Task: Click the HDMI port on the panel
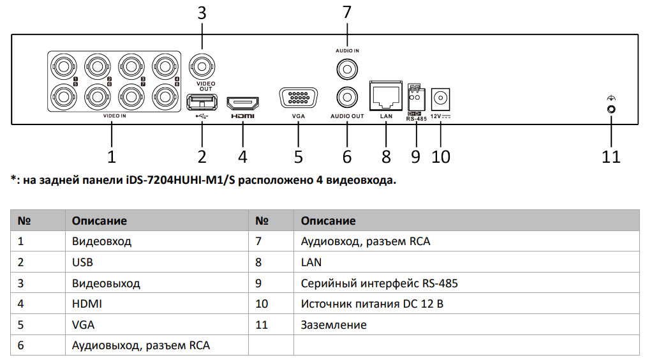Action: point(243,103)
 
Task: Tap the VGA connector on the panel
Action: point(298,100)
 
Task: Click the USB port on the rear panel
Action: point(202,102)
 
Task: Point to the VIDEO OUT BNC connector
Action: point(202,66)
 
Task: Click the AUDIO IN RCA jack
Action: point(347,67)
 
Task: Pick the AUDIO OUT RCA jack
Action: point(347,97)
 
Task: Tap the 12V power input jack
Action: point(440,99)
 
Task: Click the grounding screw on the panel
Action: point(611,109)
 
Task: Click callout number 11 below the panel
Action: point(611,156)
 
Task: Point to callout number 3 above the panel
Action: point(202,13)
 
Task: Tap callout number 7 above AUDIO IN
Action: point(347,13)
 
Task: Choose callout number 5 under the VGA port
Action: point(298,156)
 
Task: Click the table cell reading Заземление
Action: point(334,325)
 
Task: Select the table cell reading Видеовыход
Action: point(106,283)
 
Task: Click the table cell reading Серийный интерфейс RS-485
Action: point(379,283)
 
